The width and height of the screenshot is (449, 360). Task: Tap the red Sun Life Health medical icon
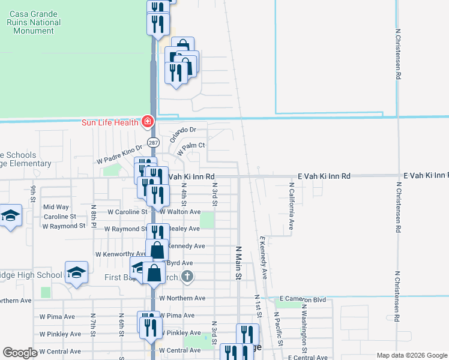pyautogui.click(x=147, y=122)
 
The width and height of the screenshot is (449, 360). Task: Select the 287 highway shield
pyautogui.click(x=154, y=143)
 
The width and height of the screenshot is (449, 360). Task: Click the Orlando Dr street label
pyautogui.click(x=183, y=134)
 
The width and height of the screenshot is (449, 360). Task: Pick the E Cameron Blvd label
pyautogui.click(x=303, y=299)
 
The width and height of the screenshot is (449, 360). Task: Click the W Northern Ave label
pyautogui.click(x=182, y=298)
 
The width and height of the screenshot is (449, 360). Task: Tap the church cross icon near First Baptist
pyautogui.click(x=187, y=277)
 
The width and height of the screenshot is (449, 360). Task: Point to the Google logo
pyautogui.click(x=20, y=353)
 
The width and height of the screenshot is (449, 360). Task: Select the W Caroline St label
pyautogui.click(x=127, y=212)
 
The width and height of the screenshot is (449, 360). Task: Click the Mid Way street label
pyautogui.click(x=56, y=207)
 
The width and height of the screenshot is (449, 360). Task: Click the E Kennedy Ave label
pyautogui.click(x=263, y=257)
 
